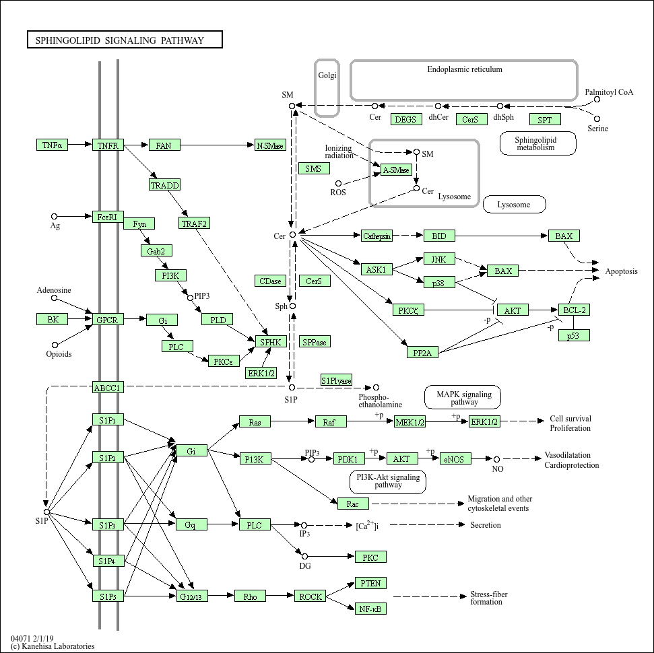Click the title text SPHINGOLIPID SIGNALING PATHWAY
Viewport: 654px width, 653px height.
coord(125,40)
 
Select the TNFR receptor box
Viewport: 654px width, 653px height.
coord(108,145)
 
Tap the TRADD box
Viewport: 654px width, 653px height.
coord(165,185)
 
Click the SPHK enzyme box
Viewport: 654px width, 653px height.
coord(270,342)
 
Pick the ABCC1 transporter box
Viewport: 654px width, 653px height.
coord(108,387)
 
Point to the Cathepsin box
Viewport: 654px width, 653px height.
coord(377,236)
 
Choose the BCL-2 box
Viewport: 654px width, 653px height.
coord(575,310)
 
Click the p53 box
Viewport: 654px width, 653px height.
coord(575,335)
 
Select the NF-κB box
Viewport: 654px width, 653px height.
coord(370,609)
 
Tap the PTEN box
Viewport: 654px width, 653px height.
coord(370,583)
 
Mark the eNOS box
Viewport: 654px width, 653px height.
coord(456,458)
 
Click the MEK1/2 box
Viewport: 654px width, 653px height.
coord(410,421)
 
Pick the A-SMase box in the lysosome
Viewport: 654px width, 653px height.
coord(396,170)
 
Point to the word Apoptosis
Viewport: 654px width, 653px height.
coord(621,271)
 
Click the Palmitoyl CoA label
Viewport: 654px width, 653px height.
coord(609,92)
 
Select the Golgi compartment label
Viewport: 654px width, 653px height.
coord(327,75)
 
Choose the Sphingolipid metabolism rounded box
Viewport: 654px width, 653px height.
coord(538,143)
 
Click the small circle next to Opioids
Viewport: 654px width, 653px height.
coord(55,345)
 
